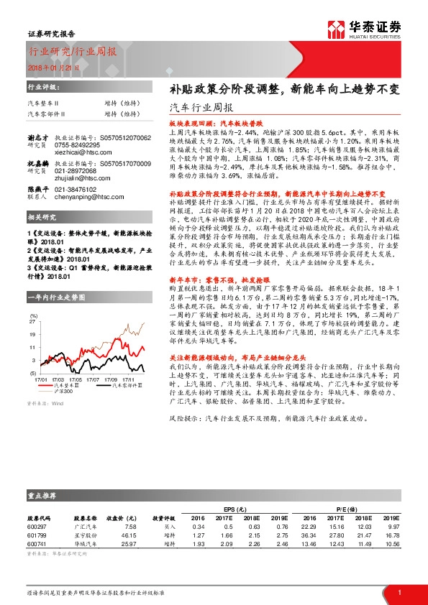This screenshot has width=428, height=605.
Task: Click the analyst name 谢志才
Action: point(38,137)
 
